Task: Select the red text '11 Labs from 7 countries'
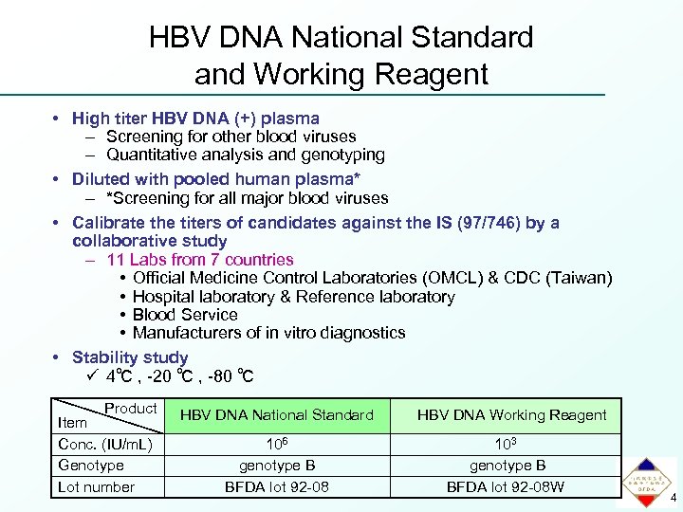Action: [200, 259]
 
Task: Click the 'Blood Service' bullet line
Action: [185, 315]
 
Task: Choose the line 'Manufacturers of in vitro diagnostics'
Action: [268, 333]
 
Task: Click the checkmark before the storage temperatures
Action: [92, 376]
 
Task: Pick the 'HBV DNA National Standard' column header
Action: [276, 415]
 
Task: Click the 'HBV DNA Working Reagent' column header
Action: [511, 415]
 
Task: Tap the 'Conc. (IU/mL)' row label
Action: [105, 445]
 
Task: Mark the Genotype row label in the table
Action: [91, 466]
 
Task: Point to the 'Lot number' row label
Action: [97, 487]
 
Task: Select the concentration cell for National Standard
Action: [276, 445]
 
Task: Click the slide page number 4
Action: [674, 499]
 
